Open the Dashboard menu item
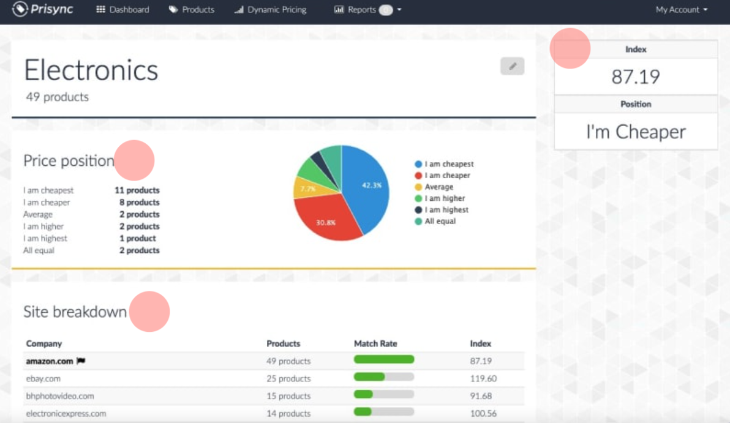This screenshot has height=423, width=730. pyautogui.click(x=122, y=10)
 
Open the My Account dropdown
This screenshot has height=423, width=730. pyautogui.click(x=681, y=10)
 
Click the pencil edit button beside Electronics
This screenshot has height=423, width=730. pyautogui.click(x=512, y=66)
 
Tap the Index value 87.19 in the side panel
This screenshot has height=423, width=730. pyautogui.click(x=636, y=77)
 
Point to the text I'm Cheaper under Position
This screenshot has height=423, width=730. pyautogui.click(x=636, y=132)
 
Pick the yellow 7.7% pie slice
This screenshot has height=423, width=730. pyautogui.click(x=306, y=189)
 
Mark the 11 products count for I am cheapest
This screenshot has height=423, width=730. pyautogui.click(x=137, y=190)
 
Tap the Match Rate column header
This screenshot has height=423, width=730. pyautogui.click(x=375, y=343)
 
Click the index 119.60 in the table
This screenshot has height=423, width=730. pyautogui.click(x=483, y=378)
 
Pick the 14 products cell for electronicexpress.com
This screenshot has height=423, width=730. pyautogui.click(x=288, y=413)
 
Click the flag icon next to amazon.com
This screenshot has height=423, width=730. pyautogui.click(x=81, y=361)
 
